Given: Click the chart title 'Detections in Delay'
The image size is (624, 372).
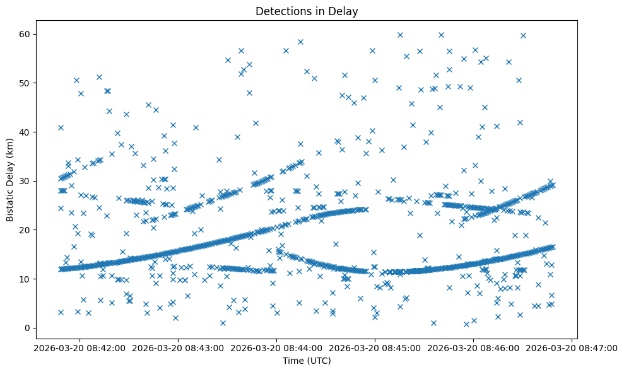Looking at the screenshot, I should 307,11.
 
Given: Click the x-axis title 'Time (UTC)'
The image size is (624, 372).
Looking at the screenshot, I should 307,361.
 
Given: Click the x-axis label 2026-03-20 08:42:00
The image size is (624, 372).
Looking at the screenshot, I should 79,348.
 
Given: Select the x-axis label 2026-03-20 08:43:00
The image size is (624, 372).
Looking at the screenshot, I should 177,348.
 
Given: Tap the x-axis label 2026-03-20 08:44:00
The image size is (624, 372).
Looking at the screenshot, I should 276,348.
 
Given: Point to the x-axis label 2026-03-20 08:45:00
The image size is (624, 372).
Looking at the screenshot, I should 375,348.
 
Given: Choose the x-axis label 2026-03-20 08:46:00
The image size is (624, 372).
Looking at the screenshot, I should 473,348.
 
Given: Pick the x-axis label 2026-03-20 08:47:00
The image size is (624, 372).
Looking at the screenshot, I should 572,348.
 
